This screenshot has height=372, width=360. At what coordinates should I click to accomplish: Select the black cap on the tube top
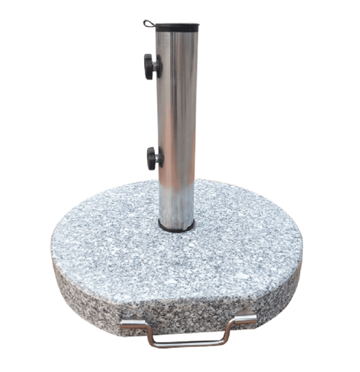177,27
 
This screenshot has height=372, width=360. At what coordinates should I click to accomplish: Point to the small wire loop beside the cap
149,23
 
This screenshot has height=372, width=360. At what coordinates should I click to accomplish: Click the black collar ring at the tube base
177,228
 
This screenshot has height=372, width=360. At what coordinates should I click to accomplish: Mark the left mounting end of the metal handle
129,325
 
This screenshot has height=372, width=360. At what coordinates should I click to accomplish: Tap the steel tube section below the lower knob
177,194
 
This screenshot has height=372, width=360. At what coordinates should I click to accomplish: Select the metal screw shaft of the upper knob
158,67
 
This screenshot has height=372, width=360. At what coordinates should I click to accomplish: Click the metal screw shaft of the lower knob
159,158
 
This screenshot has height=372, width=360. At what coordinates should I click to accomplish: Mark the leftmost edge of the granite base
53,248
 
